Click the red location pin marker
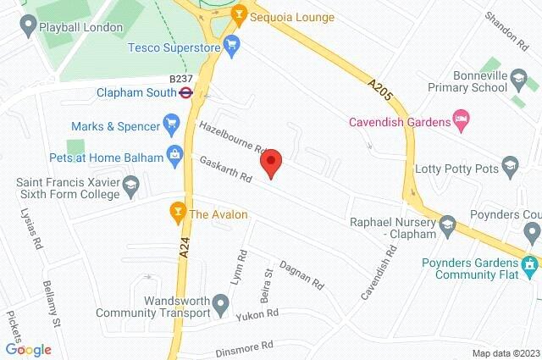tap(271, 163)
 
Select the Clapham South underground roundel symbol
tap(186, 93)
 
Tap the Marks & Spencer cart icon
tap(174, 126)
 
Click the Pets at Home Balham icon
tap(174, 153)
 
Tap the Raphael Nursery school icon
tap(448, 224)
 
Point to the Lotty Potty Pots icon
tap(509, 163)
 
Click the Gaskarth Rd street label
tap(228, 170)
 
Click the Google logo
tap(28, 349)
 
